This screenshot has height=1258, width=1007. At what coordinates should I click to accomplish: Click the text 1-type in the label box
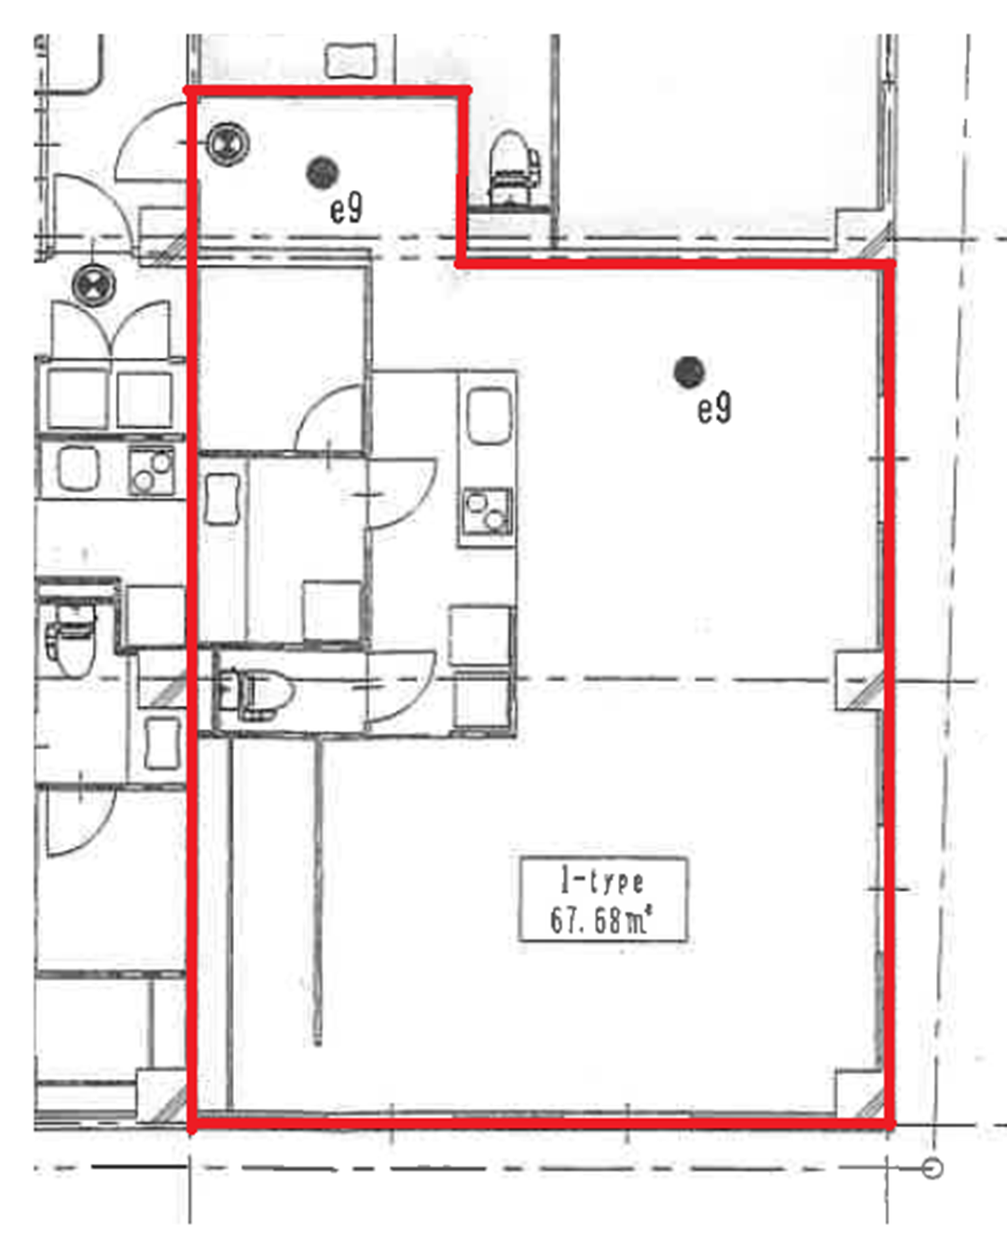(x=602, y=882)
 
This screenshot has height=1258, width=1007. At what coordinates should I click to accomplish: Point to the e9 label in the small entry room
(x=346, y=208)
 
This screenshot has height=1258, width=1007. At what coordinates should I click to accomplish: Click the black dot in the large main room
(x=689, y=372)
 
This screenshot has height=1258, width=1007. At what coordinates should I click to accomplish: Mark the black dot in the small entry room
(x=322, y=172)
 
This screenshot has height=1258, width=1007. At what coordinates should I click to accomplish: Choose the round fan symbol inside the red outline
(x=228, y=144)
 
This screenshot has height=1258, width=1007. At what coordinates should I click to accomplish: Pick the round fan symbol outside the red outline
(x=93, y=285)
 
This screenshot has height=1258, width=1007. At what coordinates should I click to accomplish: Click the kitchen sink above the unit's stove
(x=490, y=417)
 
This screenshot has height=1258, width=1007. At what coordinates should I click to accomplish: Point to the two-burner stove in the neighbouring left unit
(x=152, y=470)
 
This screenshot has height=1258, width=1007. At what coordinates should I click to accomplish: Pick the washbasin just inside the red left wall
(x=223, y=499)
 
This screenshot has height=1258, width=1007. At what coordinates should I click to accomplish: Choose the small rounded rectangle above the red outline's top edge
(x=350, y=61)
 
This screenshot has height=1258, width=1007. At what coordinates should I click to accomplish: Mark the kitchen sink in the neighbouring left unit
(x=78, y=468)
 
